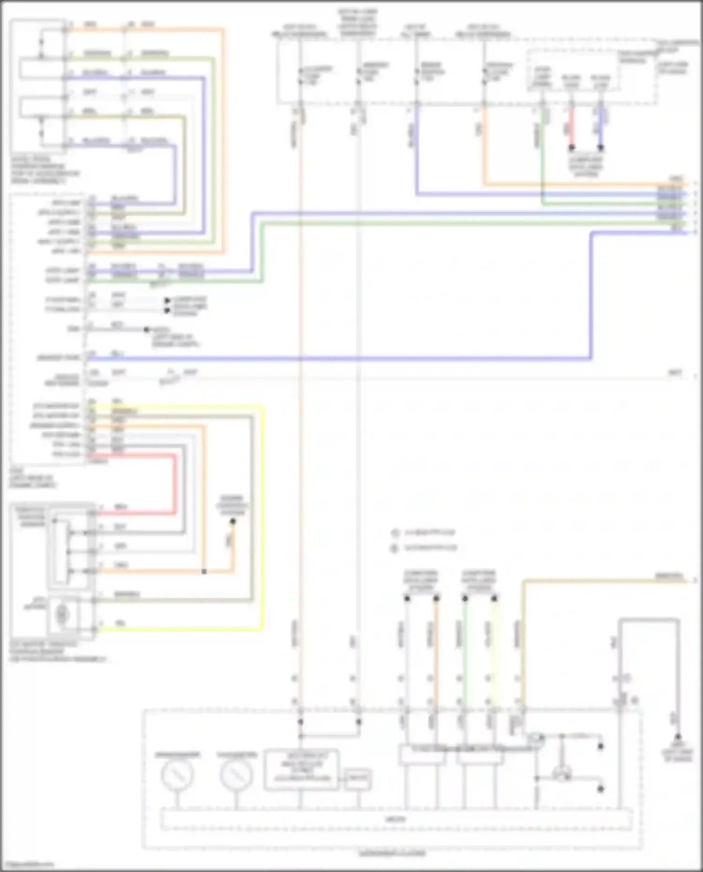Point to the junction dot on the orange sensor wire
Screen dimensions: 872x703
pyautogui.click(x=204, y=572)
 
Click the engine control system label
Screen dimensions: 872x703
pyautogui.click(x=232, y=505)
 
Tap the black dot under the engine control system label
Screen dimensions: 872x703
pyautogui.click(x=233, y=521)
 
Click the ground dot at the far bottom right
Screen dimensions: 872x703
pyautogui.click(x=677, y=737)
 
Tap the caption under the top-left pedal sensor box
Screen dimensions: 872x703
pyautogui.click(x=45, y=170)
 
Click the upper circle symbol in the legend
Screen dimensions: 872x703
pyautogui.click(x=395, y=533)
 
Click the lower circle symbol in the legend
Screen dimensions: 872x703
pyautogui.click(x=395, y=548)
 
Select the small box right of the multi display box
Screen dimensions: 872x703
pyautogui.click(x=358, y=780)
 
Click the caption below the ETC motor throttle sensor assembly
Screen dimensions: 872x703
pyautogui.click(x=57, y=652)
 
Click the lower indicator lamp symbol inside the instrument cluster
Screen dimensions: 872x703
pyautogui.click(x=561, y=775)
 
